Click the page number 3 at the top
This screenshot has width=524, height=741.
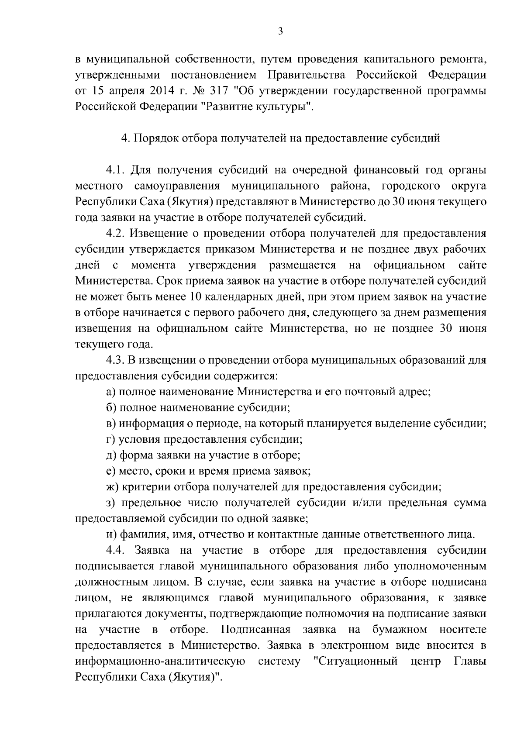[280, 31]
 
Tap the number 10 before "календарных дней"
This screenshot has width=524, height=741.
[195, 297]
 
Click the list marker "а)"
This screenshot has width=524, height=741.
[111, 392]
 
